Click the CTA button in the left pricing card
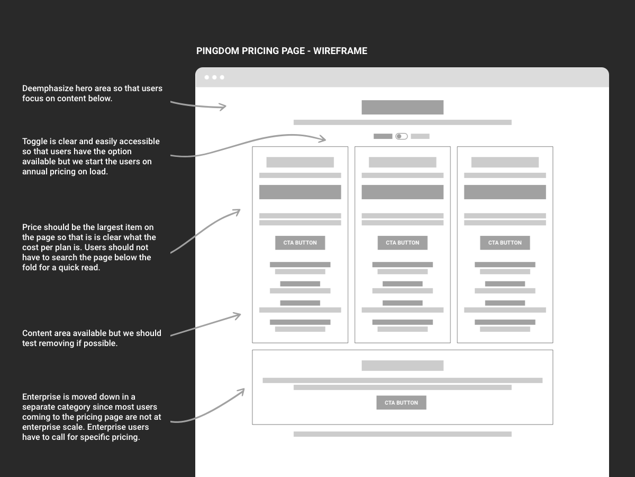(x=300, y=243)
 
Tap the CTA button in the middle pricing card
(x=402, y=243)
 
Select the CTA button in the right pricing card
(x=505, y=243)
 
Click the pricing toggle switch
(x=402, y=136)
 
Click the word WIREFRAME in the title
(x=340, y=51)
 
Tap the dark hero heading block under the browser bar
(x=402, y=107)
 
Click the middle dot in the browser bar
(x=214, y=77)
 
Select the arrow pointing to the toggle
(x=249, y=143)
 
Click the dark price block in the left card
(x=300, y=192)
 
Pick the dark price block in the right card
(x=505, y=192)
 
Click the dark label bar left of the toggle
(x=383, y=136)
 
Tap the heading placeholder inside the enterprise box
(x=402, y=366)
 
